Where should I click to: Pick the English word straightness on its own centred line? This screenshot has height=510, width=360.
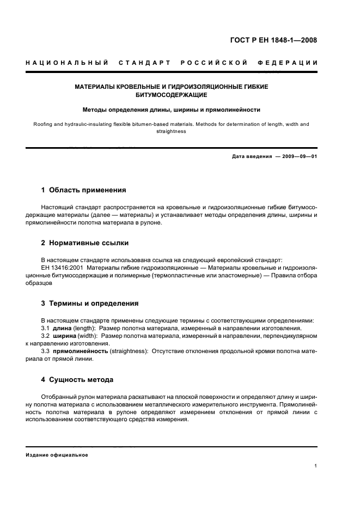[x=171, y=131]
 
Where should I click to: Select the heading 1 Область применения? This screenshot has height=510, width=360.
[x=83, y=190]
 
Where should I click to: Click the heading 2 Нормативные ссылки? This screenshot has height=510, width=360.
[x=85, y=243]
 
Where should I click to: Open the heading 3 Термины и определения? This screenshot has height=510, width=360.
[x=90, y=303]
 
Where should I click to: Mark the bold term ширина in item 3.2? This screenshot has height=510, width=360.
[x=65, y=336]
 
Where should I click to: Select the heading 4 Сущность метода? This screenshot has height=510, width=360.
[x=77, y=379]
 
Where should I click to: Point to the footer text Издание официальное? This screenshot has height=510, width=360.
[x=57, y=455]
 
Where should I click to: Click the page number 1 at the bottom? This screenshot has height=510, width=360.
[x=316, y=466]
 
